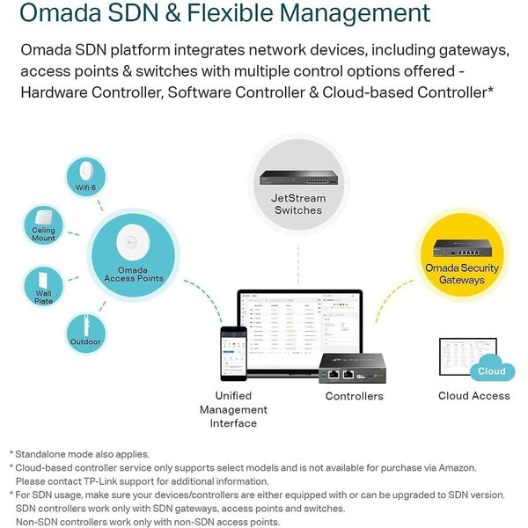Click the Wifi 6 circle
(x=86, y=175)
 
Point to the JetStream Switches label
(x=298, y=204)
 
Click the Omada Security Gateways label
(x=461, y=274)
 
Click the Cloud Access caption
(x=473, y=396)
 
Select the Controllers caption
(x=354, y=396)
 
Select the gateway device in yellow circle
(x=461, y=245)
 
